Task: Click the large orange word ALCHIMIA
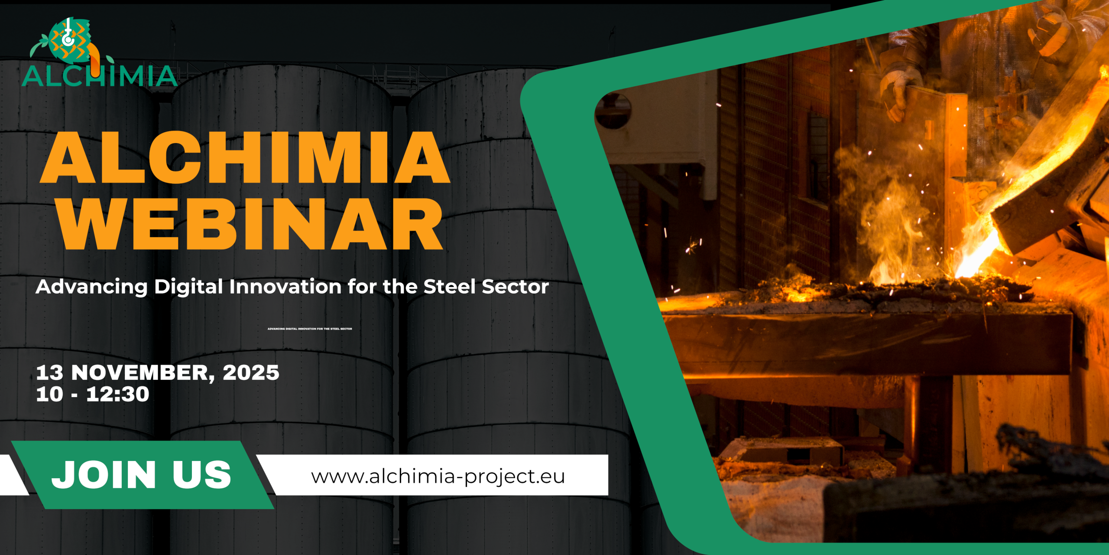pyautogui.click(x=245, y=157)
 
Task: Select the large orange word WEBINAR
pyautogui.click(x=250, y=224)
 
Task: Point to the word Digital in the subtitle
pyautogui.click(x=188, y=287)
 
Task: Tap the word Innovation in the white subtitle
pyautogui.click(x=285, y=287)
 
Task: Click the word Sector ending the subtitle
pyautogui.click(x=516, y=287)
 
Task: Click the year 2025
pyautogui.click(x=251, y=372)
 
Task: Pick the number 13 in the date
pyautogui.click(x=49, y=372)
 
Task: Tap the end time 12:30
pyautogui.click(x=117, y=394)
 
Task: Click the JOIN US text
pyautogui.click(x=141, y=475)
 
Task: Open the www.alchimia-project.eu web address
pyautogui.click(x=438, y=477)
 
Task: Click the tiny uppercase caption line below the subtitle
pyautogui.click(x=310, y=329)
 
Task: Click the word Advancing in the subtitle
pyautogui.click(x=92, y=287)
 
